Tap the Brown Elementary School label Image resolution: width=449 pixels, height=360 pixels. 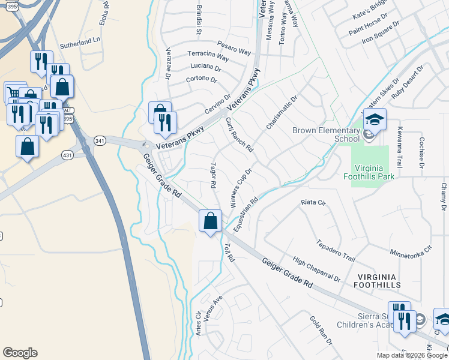coord(325,134)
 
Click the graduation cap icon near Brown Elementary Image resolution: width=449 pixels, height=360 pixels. coord(375,119)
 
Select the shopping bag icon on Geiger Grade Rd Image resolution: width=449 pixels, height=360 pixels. coord(210,221)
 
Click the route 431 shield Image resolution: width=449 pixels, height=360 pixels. coord(67,155)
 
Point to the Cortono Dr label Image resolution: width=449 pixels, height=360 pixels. coord(201,79)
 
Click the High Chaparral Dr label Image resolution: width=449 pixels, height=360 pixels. coord(316,270)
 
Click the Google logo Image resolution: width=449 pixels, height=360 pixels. coord(20,353)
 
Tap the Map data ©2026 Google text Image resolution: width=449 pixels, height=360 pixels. coord(412,355)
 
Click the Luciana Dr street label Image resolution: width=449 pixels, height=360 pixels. coord(205,67)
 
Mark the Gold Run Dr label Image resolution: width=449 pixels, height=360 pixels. coord(321,331)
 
